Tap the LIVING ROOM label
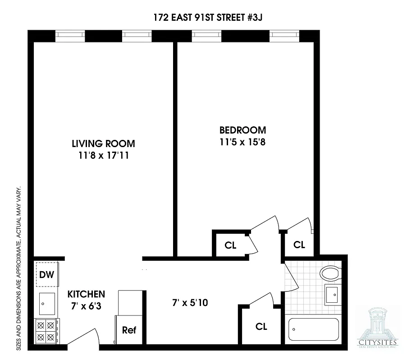pyautogui.click(x=103, y=144)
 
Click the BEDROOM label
pyautogui.click(x=242, y=130)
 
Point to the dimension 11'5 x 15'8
pyautogui.click(x=242, y=142)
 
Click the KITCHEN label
pyautogui.click(x=86, y=294)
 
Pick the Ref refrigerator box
pyautogui.click(x=129, y=330)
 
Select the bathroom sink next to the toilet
pyautogui.click(x=333, y=296)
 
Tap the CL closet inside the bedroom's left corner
pyautogui.click(x=230, y=245)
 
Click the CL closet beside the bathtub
pyautogui.click(x=261, y=326)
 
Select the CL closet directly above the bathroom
pyautogui.click(x=299, y=245)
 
